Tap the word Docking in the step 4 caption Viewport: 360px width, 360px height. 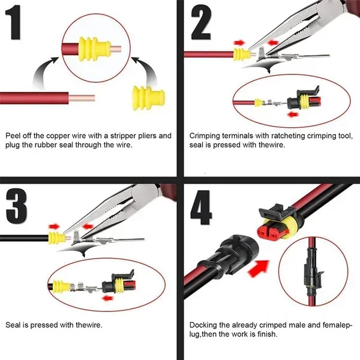tap(202, 325)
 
